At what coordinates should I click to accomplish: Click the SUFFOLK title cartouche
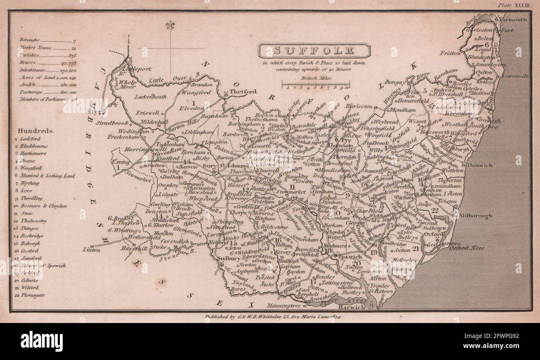[314, 51]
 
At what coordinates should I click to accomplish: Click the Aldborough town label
[476, 216]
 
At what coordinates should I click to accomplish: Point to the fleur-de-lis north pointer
[170, 26]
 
